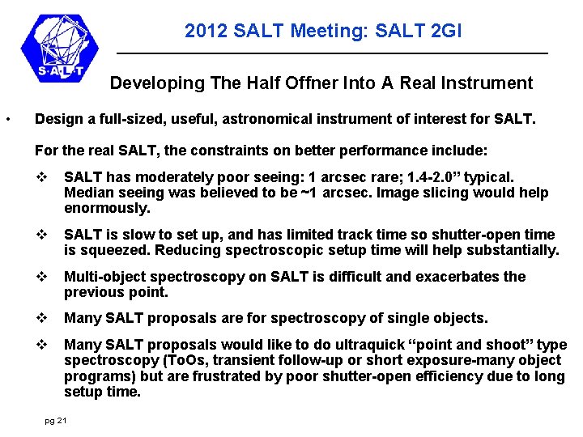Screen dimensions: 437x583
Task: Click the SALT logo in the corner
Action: click(x=62, y=50)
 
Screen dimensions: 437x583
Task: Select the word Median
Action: click(x=88, y=193)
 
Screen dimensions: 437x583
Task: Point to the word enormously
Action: click(x=107, y=209)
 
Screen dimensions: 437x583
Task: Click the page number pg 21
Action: click(x=57, y=420)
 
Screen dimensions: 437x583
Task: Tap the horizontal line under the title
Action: click(x=332, y=53)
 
